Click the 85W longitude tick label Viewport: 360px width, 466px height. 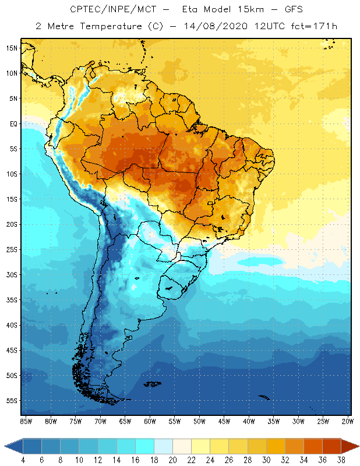(x=26, y=421)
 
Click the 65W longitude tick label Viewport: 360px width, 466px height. (x=125, y=421)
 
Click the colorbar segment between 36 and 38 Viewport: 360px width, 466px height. (x=331, y=446)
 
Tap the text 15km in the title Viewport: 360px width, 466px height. (x=237, y=10)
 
